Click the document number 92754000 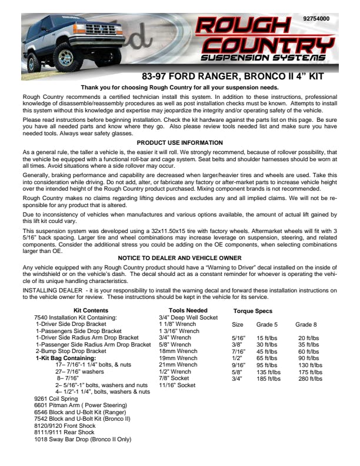316,19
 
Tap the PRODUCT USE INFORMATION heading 179,142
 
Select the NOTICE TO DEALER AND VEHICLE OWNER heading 179,258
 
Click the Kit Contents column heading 91,310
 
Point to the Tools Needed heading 188,310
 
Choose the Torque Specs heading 253,311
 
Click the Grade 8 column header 306,324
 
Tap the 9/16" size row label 238,365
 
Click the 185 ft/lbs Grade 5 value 268,378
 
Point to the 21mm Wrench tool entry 178,365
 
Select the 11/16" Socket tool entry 177,385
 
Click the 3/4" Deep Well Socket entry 188,317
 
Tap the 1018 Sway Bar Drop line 82,439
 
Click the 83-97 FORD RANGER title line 233,76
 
